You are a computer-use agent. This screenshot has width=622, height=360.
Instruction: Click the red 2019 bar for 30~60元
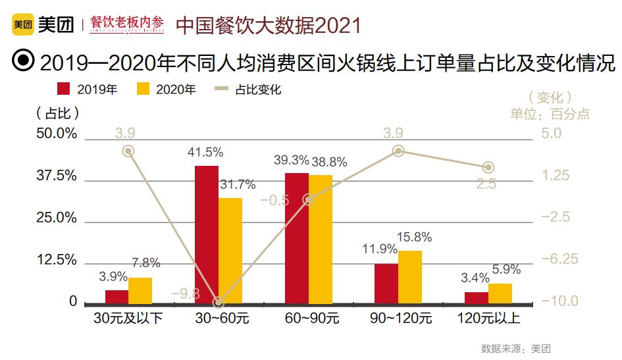207,234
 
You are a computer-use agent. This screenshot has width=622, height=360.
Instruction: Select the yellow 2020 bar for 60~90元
321,239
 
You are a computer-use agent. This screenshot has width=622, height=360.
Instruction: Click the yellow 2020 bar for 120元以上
500,294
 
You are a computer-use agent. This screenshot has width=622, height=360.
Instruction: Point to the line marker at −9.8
219,303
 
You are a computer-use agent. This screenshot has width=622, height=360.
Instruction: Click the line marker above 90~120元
398,151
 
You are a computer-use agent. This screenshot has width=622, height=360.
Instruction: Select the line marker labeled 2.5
488,167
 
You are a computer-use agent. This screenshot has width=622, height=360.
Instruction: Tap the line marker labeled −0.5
308,199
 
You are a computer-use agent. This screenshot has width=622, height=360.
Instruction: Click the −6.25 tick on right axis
559,259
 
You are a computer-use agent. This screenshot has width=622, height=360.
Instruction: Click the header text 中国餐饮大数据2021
269,25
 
